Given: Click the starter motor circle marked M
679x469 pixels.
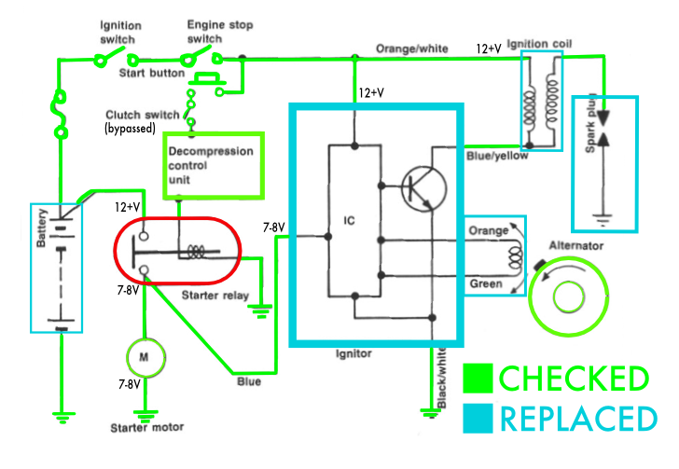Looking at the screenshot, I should [x=144, y=356].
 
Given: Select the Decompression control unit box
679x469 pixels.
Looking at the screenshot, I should [x=214, y=165].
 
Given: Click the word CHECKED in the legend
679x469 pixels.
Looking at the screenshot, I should [x=574, y=379].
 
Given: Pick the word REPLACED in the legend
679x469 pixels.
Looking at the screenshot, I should [x=574, y=419].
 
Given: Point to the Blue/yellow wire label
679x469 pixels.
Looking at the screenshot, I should [x=497, y=156].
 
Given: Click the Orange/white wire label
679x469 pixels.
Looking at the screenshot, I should [x=412, y=48].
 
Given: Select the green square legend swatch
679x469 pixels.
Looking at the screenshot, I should [x=477, y=379].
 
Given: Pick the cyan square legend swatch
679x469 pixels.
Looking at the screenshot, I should [x=477, y=419].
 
